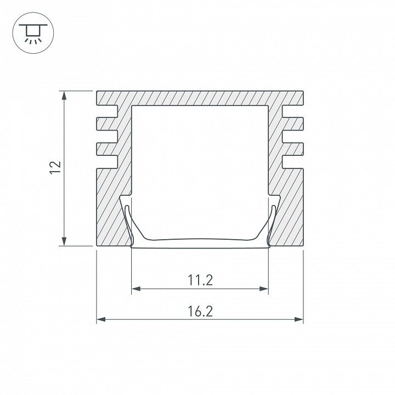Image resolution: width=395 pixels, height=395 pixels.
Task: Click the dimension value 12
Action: pyautogui.click(x=55, y=167)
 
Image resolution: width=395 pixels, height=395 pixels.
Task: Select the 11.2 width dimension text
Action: pyautogui.click(x=200, y=280)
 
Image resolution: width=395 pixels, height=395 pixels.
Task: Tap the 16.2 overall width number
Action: pyautogui.click(x=200, y=311)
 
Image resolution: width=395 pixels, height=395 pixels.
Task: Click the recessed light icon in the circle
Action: pyautogui.click(x=33, y=33)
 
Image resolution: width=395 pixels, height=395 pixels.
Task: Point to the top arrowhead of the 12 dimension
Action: pyautogui.click(x=64, y=95)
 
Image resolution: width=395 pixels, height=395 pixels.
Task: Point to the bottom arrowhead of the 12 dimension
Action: pyautogui.click(x=64, y=241)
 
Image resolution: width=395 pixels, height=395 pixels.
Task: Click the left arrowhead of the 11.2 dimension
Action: pyautogui.click(x=136, y=289)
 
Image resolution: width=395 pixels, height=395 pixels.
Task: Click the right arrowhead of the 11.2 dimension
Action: pyautogui.click(x=264, y=289)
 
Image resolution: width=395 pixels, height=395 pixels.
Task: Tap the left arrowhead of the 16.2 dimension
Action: pyautogui.click(x=101, y=319)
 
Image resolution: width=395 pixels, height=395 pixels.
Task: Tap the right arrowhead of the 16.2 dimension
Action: pyautogui.click(x=299, y=319)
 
